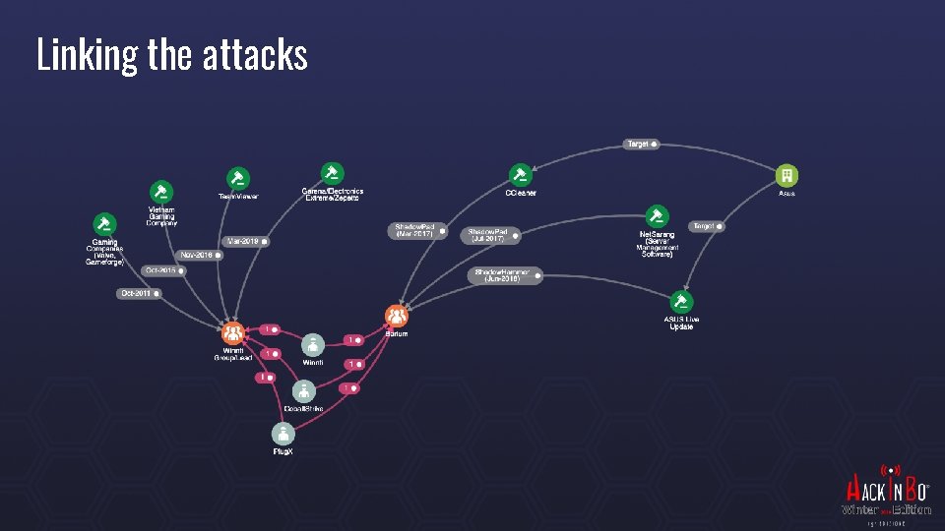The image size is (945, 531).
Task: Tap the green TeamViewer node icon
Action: coord(237,179)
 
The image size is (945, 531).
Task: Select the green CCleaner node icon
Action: coord(520,175)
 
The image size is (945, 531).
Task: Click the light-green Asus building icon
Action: coord(787,175)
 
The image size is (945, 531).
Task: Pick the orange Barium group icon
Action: coord(397,316)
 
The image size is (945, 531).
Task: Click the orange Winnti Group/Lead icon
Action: coord(233,332)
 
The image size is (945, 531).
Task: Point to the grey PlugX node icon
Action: coord(283,433)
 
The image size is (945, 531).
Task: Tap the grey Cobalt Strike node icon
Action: coord(302,390)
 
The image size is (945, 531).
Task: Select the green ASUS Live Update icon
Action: coord(680,302)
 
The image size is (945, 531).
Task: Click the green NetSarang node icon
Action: coord(657,216)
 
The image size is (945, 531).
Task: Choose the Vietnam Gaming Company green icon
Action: coord(161,192)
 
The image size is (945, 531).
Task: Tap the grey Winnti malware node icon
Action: coord(313,345)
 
